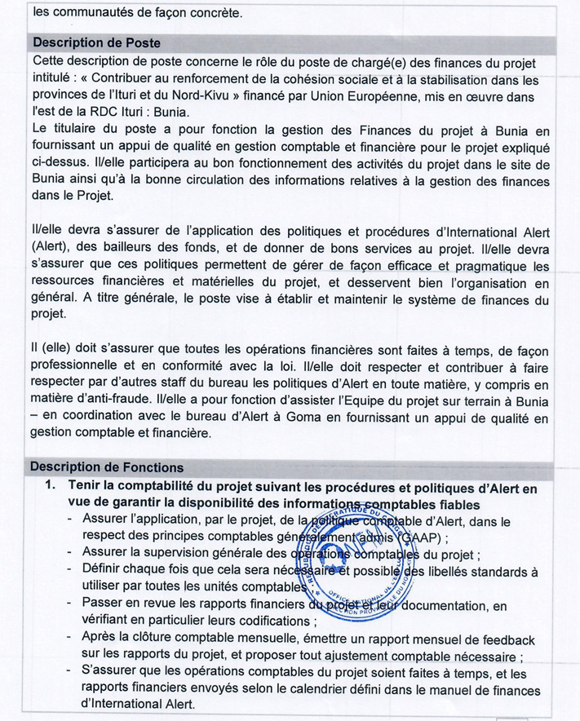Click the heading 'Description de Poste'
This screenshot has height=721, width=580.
tap(95, 42)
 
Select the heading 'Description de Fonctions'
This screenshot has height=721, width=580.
tap(106, 467)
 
